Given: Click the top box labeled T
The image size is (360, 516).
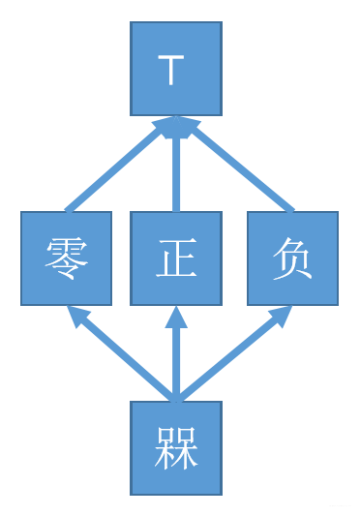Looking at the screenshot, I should [x=176, y=69].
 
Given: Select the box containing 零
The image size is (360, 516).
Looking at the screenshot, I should [x=66, y=258].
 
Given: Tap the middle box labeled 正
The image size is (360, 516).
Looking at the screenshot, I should [x=176, y=258].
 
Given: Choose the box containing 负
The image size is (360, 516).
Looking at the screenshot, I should [x=292, y=258].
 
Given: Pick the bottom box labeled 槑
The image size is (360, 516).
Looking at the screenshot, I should [x=176, y=447].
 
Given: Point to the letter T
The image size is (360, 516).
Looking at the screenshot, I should [x=170, y=70].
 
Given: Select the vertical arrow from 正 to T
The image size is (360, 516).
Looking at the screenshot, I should [x=176, y=169].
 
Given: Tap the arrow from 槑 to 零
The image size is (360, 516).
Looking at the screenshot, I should [x=121, y=353].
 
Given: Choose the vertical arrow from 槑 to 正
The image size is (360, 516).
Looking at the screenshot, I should [x=176, y=358].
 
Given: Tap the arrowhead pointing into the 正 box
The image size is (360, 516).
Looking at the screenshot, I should [x=176, y=317].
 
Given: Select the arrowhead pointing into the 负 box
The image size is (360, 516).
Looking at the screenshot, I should [x=281, y=315].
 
